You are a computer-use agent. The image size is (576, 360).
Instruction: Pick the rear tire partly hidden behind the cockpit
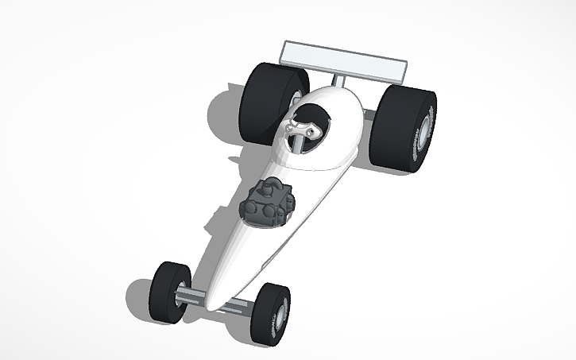coord(269,99)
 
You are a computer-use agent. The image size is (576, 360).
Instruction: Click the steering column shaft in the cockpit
coord(297,143)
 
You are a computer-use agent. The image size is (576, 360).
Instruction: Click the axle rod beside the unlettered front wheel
coord(193,295)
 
